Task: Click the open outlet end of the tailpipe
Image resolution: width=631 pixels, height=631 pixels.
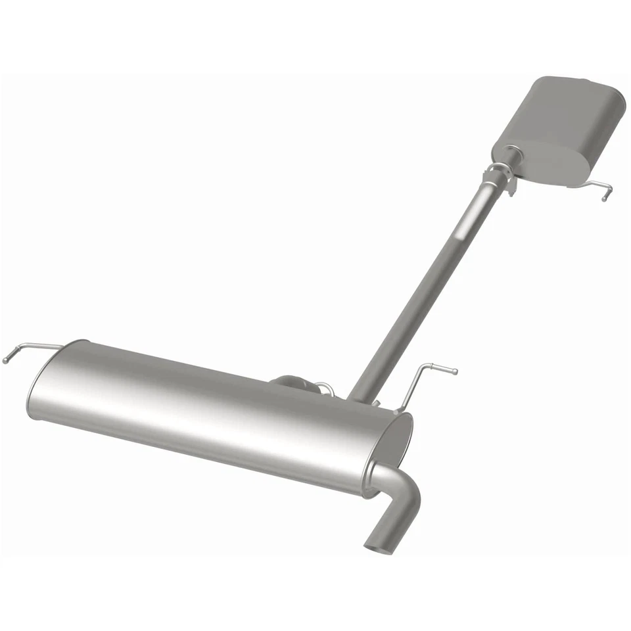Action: click(377, 543)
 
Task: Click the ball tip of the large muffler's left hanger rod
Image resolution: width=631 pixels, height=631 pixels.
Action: click(6, 360)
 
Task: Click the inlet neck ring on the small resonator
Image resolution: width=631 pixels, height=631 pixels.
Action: click(512, 156)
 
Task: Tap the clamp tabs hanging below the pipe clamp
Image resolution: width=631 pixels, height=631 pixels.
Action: click(510, 188)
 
